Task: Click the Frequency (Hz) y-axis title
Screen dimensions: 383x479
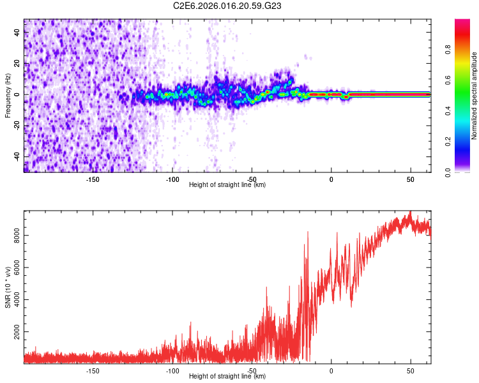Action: tap(8, 95)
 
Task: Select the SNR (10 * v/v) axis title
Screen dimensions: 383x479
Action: tap(8, 287)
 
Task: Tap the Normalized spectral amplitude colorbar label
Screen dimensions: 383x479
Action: tap(474, 96)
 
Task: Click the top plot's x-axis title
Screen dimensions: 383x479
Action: tap(227, 184)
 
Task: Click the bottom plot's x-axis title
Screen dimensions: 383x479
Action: tap(227, 376)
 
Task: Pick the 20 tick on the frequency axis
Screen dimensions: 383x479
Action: tap(17, 63)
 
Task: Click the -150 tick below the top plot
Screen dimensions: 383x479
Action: tap(93, 179)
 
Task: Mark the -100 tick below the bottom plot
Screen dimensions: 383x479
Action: tap(172, 370)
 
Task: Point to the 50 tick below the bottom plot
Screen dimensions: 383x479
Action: tap(410, 370)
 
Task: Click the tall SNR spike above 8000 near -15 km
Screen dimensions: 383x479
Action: tap(308, 234)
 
